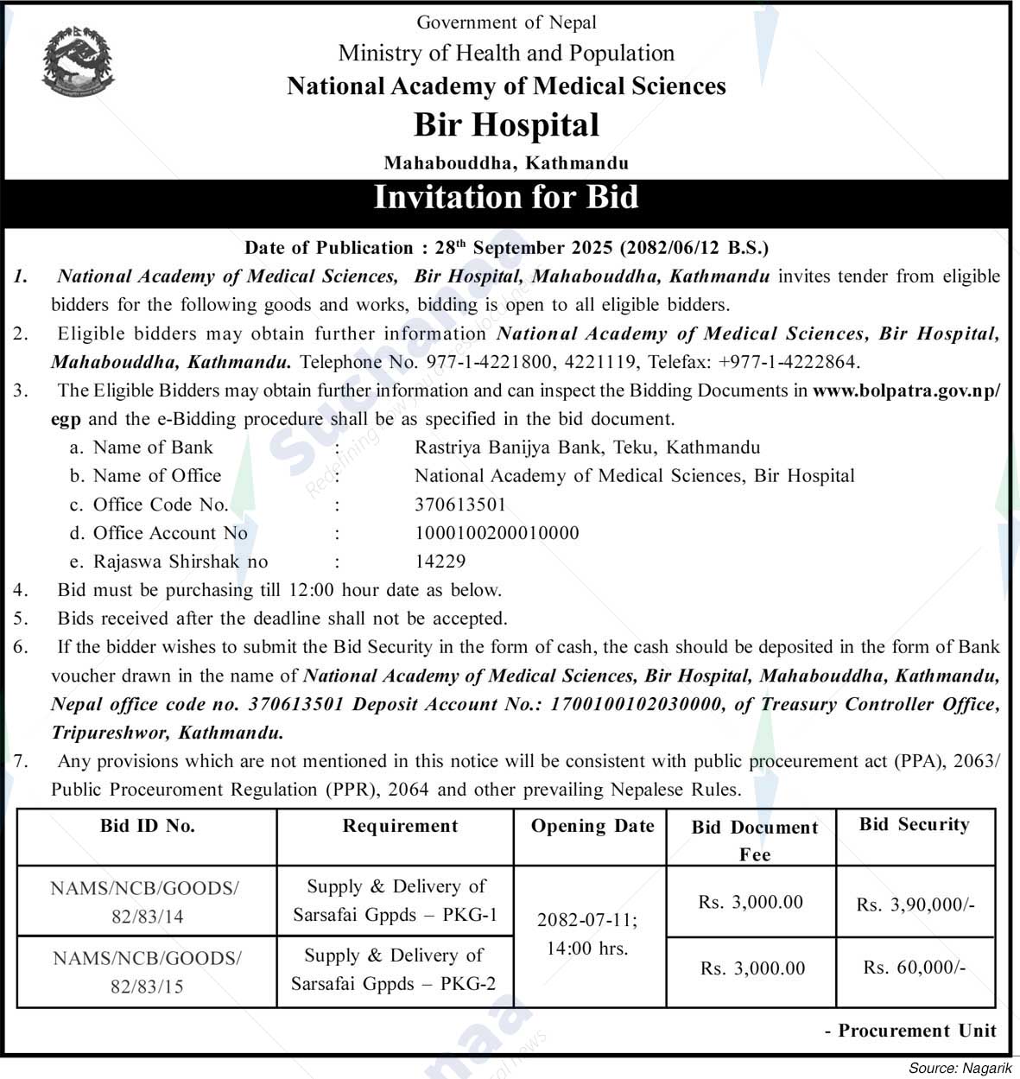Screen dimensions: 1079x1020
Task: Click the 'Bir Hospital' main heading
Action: coord(506,125)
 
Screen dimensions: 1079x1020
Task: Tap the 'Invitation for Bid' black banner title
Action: coord(506,197)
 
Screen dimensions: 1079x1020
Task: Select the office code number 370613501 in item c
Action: coord(460,505)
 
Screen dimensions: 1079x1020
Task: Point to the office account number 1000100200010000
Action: coord(497,533)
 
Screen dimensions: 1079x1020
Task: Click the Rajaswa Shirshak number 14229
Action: coord(440,562)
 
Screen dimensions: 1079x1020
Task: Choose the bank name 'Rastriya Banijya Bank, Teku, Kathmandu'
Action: coord(587,447)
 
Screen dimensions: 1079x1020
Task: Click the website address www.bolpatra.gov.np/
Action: coord(906,390)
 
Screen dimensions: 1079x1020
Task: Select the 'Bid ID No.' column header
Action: coord(148,826)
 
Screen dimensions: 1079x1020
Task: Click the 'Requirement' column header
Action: coord(400,826)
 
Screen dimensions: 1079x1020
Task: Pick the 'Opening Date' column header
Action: coord(592,826)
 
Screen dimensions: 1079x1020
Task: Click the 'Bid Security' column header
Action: coord(914,824)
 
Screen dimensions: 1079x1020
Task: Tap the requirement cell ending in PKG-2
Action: coord(394,969)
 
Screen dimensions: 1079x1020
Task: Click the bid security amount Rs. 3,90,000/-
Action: coord(915,904)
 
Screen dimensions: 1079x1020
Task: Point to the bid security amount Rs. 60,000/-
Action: coord(915,968)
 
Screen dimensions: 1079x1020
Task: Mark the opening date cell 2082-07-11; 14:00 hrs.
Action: coord(587,934)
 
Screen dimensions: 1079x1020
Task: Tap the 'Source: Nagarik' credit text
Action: coord(960,1069)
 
